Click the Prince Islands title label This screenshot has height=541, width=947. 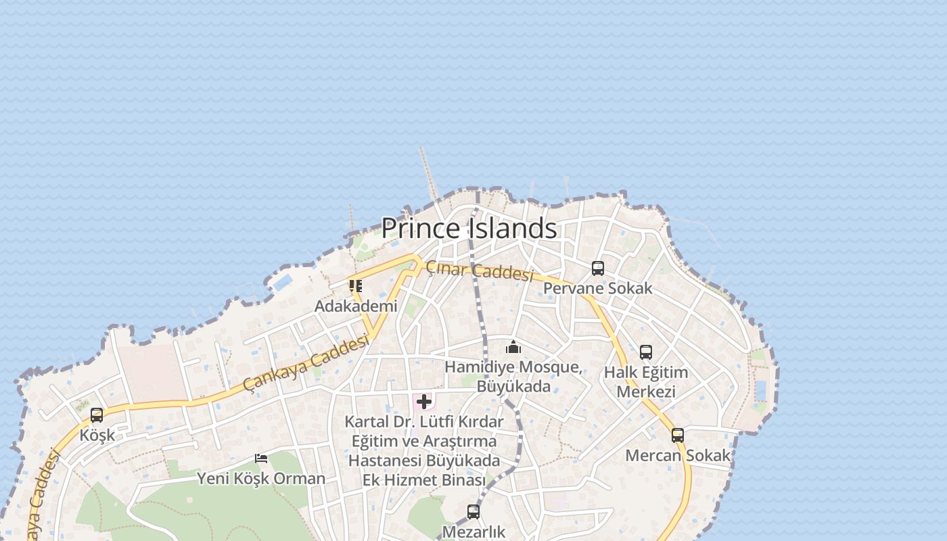[469, 229]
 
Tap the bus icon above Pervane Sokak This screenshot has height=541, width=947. [598, 268]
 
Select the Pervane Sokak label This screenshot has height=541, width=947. [598, 288]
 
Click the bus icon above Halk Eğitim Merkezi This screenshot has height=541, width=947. [646, 352]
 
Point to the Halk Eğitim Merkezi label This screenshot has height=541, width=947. [645, 382]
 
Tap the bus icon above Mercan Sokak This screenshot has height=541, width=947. [678, 436]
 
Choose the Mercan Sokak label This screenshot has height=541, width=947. [678, 455]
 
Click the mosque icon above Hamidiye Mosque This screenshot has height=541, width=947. [513, 348]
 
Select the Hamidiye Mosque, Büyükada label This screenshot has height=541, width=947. [513, 377]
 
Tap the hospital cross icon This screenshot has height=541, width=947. [424, 402]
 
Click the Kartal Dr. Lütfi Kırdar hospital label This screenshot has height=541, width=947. [424, 450]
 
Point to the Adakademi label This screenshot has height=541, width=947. [356, 306]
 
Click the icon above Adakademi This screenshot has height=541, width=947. [356, 286]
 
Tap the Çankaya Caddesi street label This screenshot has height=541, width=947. [306, 363]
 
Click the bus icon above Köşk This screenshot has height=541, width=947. [97, 415]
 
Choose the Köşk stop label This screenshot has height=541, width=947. [97, 435]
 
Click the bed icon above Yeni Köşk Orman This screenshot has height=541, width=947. [261, 458]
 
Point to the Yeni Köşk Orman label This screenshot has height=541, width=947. [261, 479]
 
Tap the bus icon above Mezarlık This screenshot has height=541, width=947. [473, 512]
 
